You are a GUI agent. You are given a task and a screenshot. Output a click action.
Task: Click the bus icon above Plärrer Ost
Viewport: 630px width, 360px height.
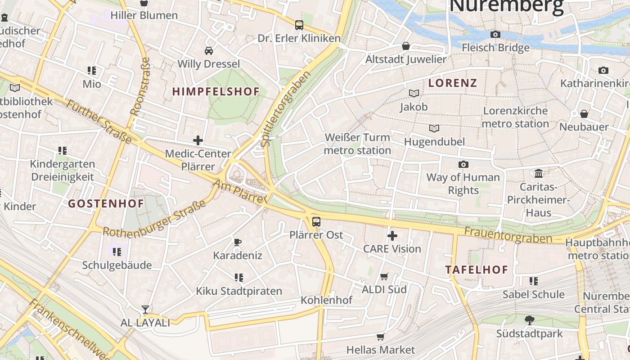[316, 221]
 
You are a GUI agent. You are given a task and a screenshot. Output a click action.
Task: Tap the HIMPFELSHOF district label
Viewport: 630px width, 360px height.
[216, 92]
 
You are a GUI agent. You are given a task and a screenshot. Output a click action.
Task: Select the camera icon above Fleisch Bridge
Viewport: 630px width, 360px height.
[495, 35]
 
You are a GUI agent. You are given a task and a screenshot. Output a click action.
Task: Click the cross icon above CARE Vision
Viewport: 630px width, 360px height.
[392, 235]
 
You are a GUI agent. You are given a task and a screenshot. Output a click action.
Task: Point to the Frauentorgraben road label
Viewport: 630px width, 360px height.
[508, 234]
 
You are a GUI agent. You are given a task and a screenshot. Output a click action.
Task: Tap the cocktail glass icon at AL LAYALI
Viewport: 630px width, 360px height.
[145, 310]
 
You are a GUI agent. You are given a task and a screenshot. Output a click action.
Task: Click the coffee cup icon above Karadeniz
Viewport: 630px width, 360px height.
[238, 243]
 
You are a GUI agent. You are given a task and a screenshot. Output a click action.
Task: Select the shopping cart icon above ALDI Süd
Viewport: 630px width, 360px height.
[384, 276]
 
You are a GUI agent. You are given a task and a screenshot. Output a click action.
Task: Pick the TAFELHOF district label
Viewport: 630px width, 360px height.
[477, 270]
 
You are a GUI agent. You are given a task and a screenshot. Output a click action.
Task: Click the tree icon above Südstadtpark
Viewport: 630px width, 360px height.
[529, 320]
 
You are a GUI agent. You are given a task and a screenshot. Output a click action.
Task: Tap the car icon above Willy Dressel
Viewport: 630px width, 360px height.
[208, 50]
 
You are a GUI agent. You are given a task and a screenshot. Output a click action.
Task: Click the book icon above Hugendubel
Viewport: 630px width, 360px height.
[434, 129]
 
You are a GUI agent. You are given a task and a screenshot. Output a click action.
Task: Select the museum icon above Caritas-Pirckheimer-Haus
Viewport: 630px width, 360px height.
[538, 173]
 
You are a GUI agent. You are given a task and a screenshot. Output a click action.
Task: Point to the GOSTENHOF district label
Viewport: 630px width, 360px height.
[106, 204]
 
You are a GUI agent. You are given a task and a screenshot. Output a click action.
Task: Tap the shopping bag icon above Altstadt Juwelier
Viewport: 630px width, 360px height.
[405, 46]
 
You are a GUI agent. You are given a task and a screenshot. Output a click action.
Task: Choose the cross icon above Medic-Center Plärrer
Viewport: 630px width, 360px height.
[198, 140]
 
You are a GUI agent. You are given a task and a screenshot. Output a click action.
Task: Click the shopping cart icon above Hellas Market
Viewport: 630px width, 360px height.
[380, 337]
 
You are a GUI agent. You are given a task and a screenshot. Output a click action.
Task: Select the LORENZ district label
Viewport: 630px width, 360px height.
[453, 83]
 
